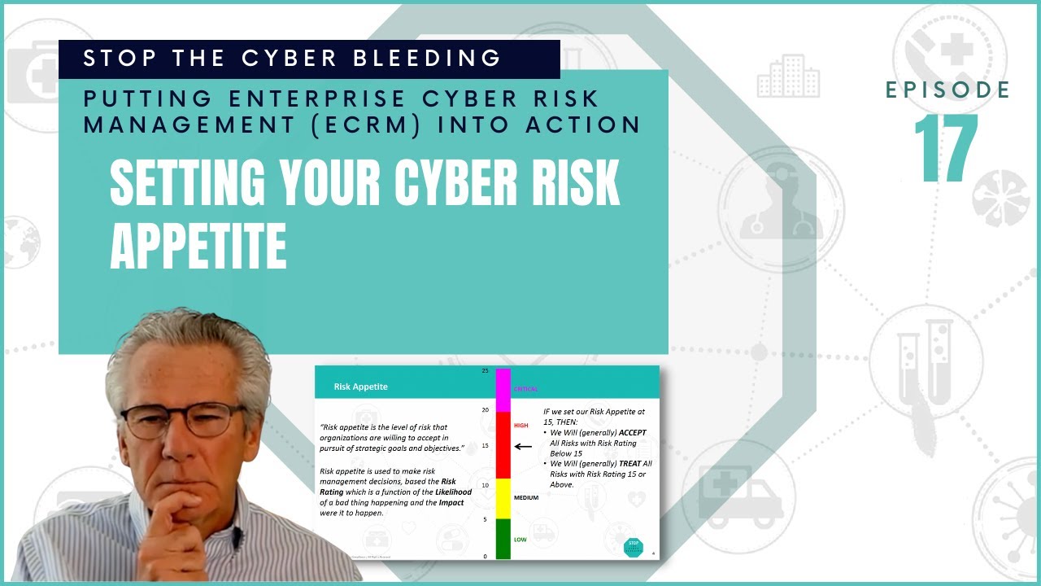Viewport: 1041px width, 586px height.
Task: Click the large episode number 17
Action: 946,148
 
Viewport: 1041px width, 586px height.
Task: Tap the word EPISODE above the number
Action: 947,90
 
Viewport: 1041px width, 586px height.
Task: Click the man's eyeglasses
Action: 184,420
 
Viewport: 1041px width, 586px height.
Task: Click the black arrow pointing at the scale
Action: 523,446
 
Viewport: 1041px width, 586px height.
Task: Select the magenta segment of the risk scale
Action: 503,390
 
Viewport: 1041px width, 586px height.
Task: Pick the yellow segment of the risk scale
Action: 503,498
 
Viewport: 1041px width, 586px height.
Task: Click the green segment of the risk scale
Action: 503,539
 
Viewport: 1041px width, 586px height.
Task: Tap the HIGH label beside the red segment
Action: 521,425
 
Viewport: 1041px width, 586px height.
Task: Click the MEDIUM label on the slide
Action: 526,497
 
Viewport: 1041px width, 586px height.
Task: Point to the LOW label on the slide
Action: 520,539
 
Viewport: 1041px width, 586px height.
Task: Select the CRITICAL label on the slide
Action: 525,389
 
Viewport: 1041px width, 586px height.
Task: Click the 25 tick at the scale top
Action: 486,371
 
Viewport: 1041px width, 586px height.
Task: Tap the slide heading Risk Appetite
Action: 360,387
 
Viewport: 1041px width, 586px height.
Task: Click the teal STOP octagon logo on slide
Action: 633,546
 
